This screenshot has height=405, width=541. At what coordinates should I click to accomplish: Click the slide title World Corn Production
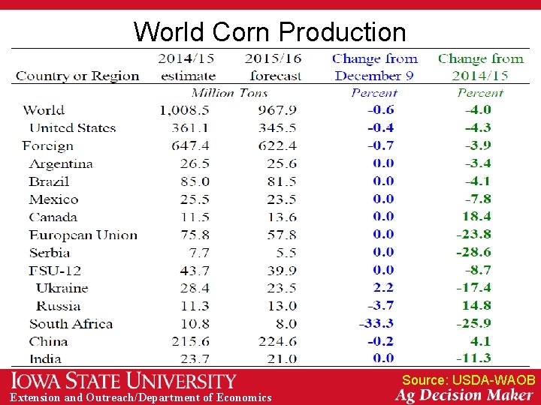270,32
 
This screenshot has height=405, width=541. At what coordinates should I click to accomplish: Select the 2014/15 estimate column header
188,67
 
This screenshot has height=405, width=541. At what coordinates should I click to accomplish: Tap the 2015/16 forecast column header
274,67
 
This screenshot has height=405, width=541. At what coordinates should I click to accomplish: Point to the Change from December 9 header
374,67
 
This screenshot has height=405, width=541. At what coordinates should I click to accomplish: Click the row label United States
72,127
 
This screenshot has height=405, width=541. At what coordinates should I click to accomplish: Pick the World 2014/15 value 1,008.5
184,110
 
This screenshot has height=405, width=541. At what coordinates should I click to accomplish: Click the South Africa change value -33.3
376,323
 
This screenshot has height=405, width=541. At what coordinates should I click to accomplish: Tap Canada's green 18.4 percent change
476,217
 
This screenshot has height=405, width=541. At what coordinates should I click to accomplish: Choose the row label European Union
83,235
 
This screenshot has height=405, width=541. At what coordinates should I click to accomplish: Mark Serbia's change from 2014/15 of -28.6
473,252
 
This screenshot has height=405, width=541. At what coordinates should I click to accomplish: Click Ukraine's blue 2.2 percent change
382,287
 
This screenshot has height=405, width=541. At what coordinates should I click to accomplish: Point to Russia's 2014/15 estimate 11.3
195,305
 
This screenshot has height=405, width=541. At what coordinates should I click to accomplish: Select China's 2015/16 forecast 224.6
277,341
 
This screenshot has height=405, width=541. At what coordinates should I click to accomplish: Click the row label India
45,358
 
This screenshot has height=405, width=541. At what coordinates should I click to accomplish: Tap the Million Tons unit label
230,93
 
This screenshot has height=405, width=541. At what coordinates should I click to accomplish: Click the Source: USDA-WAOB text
468,380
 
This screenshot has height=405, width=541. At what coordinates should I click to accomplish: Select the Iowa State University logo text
123,381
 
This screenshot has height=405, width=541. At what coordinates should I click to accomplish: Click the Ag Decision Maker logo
464,395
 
